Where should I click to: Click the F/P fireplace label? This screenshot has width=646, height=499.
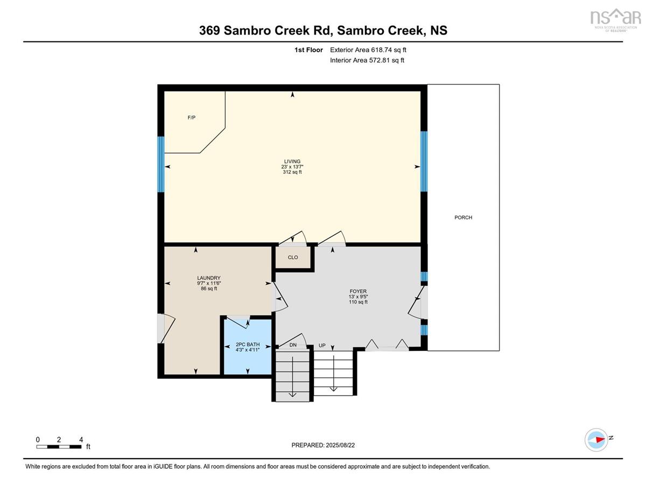click(x=192, y=118)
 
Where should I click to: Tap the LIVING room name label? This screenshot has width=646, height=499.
click(x=292, y=161)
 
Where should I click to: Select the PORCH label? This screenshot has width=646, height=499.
click(x=463, y=217)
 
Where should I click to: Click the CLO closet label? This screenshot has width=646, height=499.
click(x=293, y=257)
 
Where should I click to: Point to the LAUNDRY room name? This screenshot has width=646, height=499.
click(x=209, y=278)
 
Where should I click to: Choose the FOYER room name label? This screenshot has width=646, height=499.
click(x=358, y=291)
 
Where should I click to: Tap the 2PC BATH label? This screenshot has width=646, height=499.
click(x=248, y=345)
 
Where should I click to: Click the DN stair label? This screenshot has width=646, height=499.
click(x=293, y=345)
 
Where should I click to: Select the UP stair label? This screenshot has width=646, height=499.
click(x=322, y=346)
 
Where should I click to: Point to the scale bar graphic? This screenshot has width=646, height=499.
click(x=59, y=447)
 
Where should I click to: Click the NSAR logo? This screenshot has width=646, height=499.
click(x=615, y=20)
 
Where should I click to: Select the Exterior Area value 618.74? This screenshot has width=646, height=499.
click(x=382, y=50)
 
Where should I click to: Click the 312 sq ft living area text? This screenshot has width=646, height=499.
click(x=292, y=172)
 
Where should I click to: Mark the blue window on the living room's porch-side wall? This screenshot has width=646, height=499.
click(x=424, y=161)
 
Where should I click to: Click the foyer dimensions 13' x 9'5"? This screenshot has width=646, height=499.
click(x=358, y=297)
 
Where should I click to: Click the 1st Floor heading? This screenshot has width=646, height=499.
click(x=308, y=50)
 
